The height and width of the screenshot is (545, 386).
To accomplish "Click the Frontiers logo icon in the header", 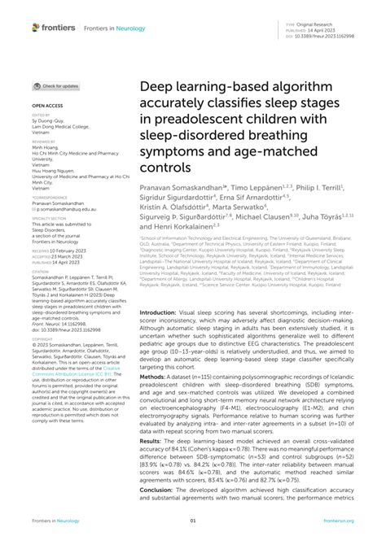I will (x=36, y=27).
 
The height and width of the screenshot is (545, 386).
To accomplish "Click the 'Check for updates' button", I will (x=56, y=85).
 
